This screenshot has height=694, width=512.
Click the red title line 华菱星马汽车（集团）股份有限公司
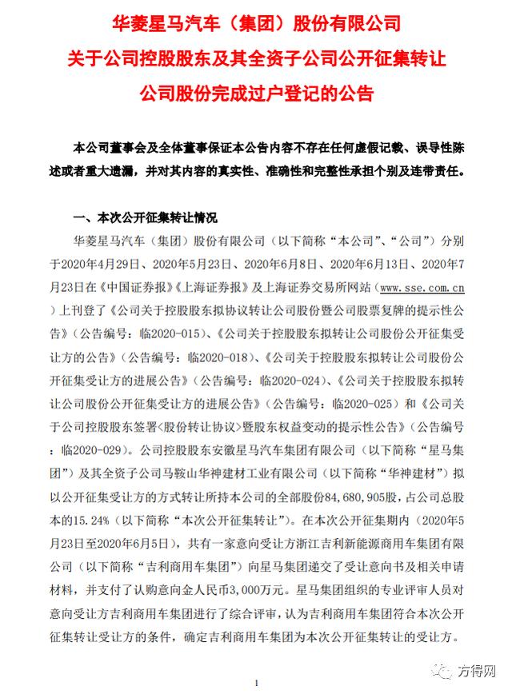257,22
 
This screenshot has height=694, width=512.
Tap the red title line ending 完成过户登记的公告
257,94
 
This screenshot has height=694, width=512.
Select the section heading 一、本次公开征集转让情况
144,217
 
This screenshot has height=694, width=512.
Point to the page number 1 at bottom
255,683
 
